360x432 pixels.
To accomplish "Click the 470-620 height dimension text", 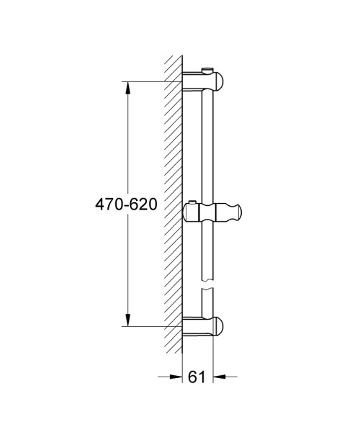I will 127,204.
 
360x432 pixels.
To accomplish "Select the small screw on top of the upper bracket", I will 209,69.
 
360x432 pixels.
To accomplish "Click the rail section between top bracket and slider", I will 209,144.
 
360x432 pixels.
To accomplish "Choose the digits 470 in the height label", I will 109,204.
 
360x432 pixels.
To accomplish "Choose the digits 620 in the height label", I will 144,204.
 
